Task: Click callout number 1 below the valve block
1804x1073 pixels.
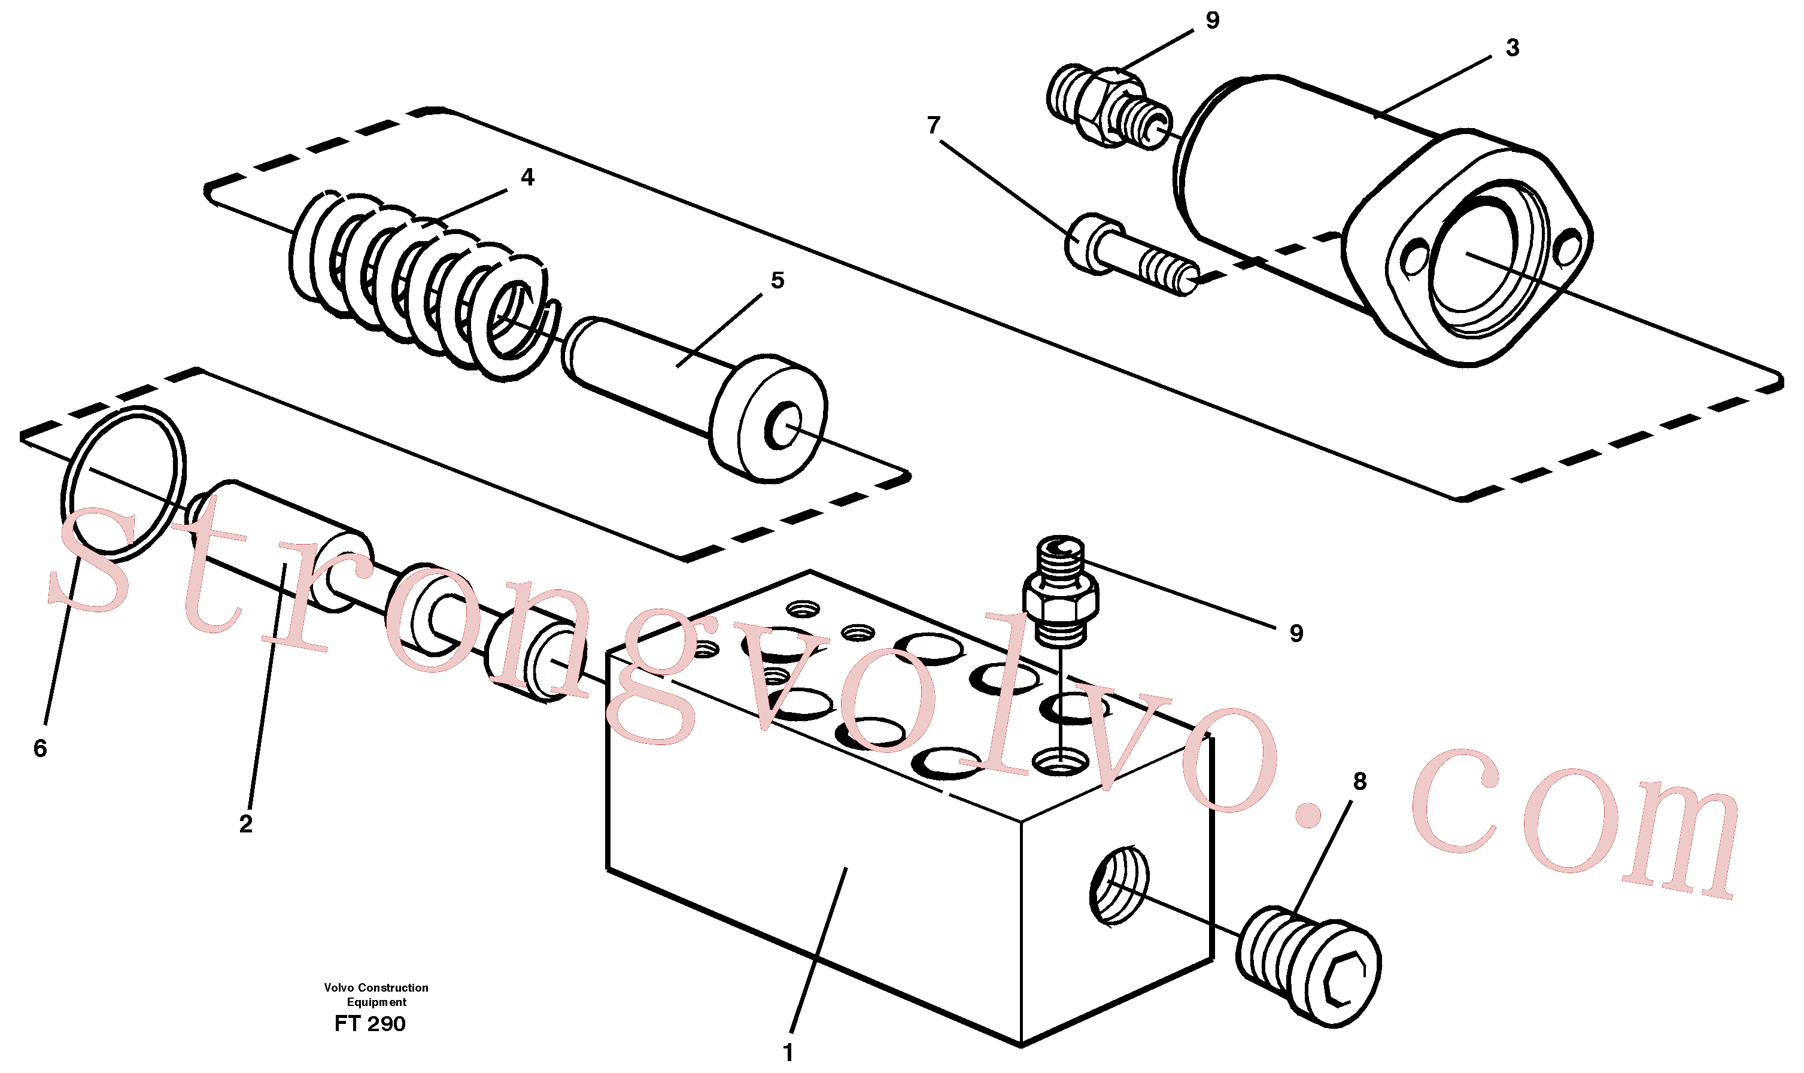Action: tap(788, 1053)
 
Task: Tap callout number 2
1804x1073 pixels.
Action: tap(246, 823)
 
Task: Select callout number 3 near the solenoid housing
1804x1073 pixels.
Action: tap(1512, 48)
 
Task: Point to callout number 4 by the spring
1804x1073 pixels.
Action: tap(527, 177)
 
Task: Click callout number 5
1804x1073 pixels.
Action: tap(778, 280)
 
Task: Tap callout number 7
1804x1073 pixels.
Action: tap(934, 125)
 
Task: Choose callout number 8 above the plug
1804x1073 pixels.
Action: tap(1359, 781)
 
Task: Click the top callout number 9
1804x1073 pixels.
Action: tap(1213, 20)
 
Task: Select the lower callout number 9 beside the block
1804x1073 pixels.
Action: tap(1296, 633)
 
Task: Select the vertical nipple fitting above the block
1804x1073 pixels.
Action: tap(1061, 590)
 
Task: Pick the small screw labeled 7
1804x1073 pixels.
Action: tap(1132, 254)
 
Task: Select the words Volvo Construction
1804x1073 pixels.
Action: tap(376, 987)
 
